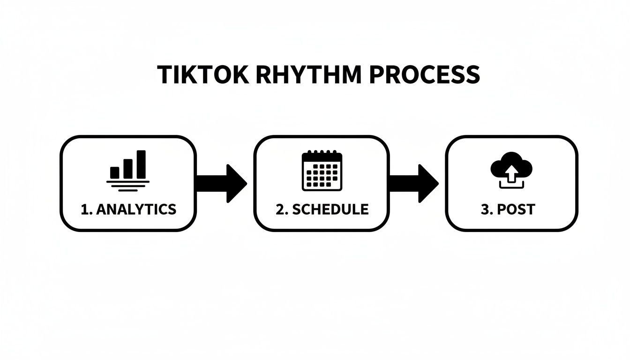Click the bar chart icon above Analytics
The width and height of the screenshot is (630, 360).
pyautogui.click(x=128, y=169)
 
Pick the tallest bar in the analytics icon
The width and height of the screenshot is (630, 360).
pyautogui.click(x=141, y=164)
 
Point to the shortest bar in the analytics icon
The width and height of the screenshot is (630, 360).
pyautogui.click(x=115, y=172)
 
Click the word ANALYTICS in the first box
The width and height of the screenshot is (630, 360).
pyautogui.click(x=136, y=209)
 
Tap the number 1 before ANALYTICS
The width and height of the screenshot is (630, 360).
pyautogui.click(x=84, y=209)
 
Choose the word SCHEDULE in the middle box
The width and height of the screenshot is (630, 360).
pyautogui.click(x=330, y=209)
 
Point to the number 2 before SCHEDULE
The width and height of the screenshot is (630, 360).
pyautogui.click(x=280, y=209)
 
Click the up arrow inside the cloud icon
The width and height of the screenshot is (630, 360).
pyautogui.click(x=512, y=172)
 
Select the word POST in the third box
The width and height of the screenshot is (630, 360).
pyautogui.click(x=516, y=209)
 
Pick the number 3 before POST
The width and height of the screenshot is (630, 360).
pyautogui.click(x=485, y=209)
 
